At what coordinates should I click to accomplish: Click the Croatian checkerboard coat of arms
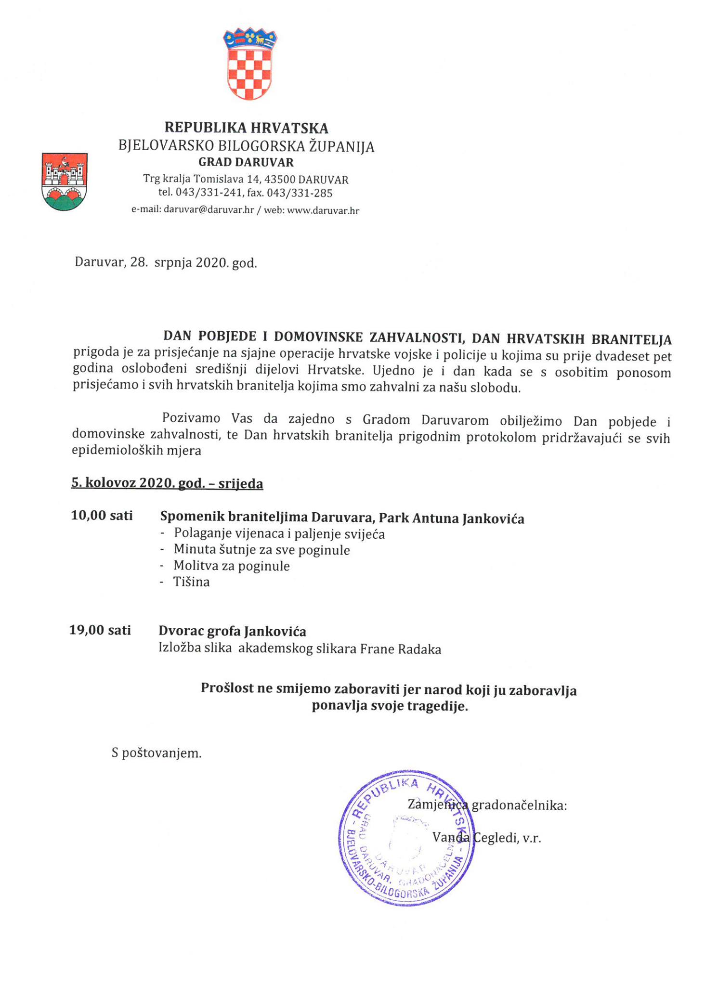pyautogui.click(x=250, y=64)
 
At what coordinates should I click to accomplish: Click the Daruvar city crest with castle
pyautogui.click(x=65, y=182)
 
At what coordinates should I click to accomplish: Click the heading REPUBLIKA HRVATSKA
pyautogui.click(x=246, y=128)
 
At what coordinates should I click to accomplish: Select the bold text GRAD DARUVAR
pyautogui.click(x=246, y=162)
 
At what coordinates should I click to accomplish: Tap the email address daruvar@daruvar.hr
pyautogui.click(x=209, y=210)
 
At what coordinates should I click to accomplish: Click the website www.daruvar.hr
pyautogui.click(x=323, y=211)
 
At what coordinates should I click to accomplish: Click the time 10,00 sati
pyautogui.click(x=102, y=516)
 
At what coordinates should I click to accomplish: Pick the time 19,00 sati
pyautogui.click(x=100, y=630)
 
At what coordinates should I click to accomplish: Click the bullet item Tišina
pyautogui.click(x=192, y=582)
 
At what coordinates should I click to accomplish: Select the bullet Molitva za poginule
pyautogui.click(x=232, y=566)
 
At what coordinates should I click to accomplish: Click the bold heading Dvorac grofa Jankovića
pyautogui.click(x=232, y=631)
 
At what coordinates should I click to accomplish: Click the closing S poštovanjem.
pyautogui.click(x=157, y=753)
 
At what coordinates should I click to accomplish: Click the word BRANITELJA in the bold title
pyautogui.click(x=631, y=339)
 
